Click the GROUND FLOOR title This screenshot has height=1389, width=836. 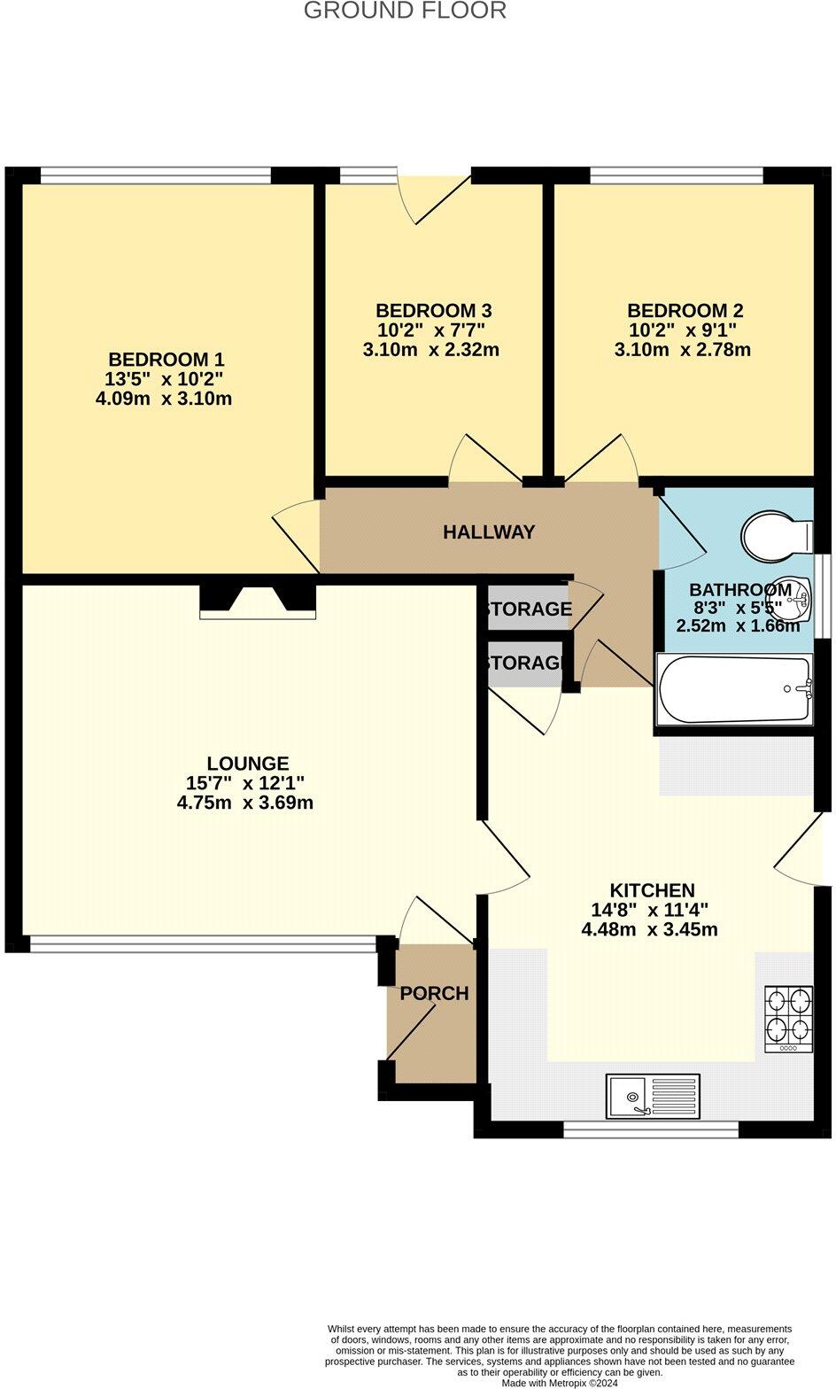405,11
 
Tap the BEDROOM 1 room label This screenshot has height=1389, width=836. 166,360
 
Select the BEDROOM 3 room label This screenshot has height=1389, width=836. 433,311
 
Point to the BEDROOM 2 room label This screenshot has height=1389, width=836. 685,311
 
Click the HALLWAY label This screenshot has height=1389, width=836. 489,532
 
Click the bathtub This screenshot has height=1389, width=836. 734,689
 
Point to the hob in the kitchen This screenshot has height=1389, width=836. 788,1020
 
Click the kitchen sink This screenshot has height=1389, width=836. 653,1096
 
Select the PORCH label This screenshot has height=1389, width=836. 434,994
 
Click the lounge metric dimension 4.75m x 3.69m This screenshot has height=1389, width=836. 245,803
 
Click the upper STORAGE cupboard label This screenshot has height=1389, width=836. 529,609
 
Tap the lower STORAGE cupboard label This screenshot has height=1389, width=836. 525,663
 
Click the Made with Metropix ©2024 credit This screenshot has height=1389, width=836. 560,1383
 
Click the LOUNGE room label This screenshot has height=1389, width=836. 248,764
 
